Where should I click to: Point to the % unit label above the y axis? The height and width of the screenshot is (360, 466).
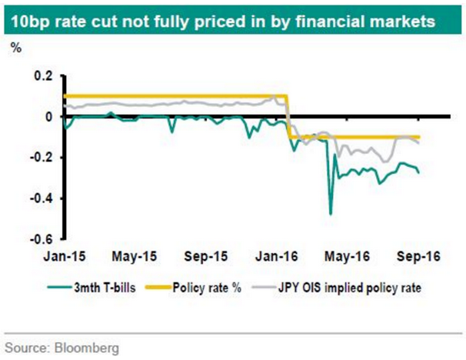click(16, 48)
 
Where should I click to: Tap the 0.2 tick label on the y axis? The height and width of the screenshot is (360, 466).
click(42, 76)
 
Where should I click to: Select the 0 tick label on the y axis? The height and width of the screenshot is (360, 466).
click(48, 117)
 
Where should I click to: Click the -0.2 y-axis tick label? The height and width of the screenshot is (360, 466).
click(40, 158)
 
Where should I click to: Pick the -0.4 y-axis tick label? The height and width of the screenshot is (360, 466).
click(40, 198)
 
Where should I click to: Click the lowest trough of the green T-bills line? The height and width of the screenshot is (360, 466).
click(331, 214)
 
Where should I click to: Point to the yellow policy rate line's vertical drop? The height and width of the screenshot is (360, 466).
click(288, 116)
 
